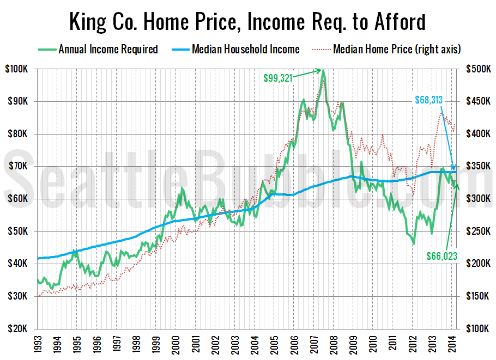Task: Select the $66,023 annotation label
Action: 441,254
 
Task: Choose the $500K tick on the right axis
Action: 477,69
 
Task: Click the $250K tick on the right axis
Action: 477,231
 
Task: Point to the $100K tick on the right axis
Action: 477,329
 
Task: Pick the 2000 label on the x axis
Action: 175,345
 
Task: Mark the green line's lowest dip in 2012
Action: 414,243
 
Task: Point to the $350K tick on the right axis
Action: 477,167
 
